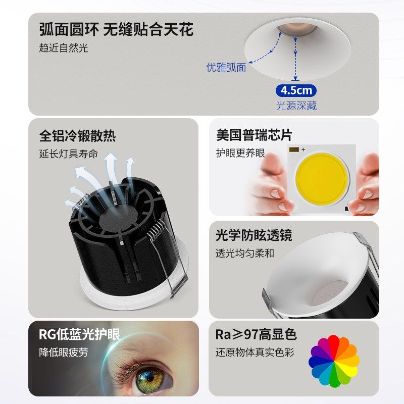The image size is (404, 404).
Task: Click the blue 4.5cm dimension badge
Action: pyautogui.click(x=296, y=91)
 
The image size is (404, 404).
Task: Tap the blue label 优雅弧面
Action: pyautogui.click(x=226, y=68)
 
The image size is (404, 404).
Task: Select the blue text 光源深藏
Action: pyautogui.click(x=296, y=106)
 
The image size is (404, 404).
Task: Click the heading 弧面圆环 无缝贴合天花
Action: pyautogui.click(x=116, y=29)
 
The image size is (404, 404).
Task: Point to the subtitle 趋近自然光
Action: pyautogui.click(x=64, y=48)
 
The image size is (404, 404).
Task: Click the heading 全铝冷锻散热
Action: pyautogui.click(x=77, y=136)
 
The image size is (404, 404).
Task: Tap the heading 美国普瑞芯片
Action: pyautogui.click(x=254, y=135)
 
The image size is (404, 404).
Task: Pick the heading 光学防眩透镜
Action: pyautogui.click(x=254, y=235)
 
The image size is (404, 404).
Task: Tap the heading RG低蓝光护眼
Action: pyautogui.click(x=79, y=334)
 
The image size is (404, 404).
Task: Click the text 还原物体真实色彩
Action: pyautogui.click(x=255, y=352)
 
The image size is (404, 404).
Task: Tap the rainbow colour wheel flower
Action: pyautogui.click(x=334, y=360)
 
